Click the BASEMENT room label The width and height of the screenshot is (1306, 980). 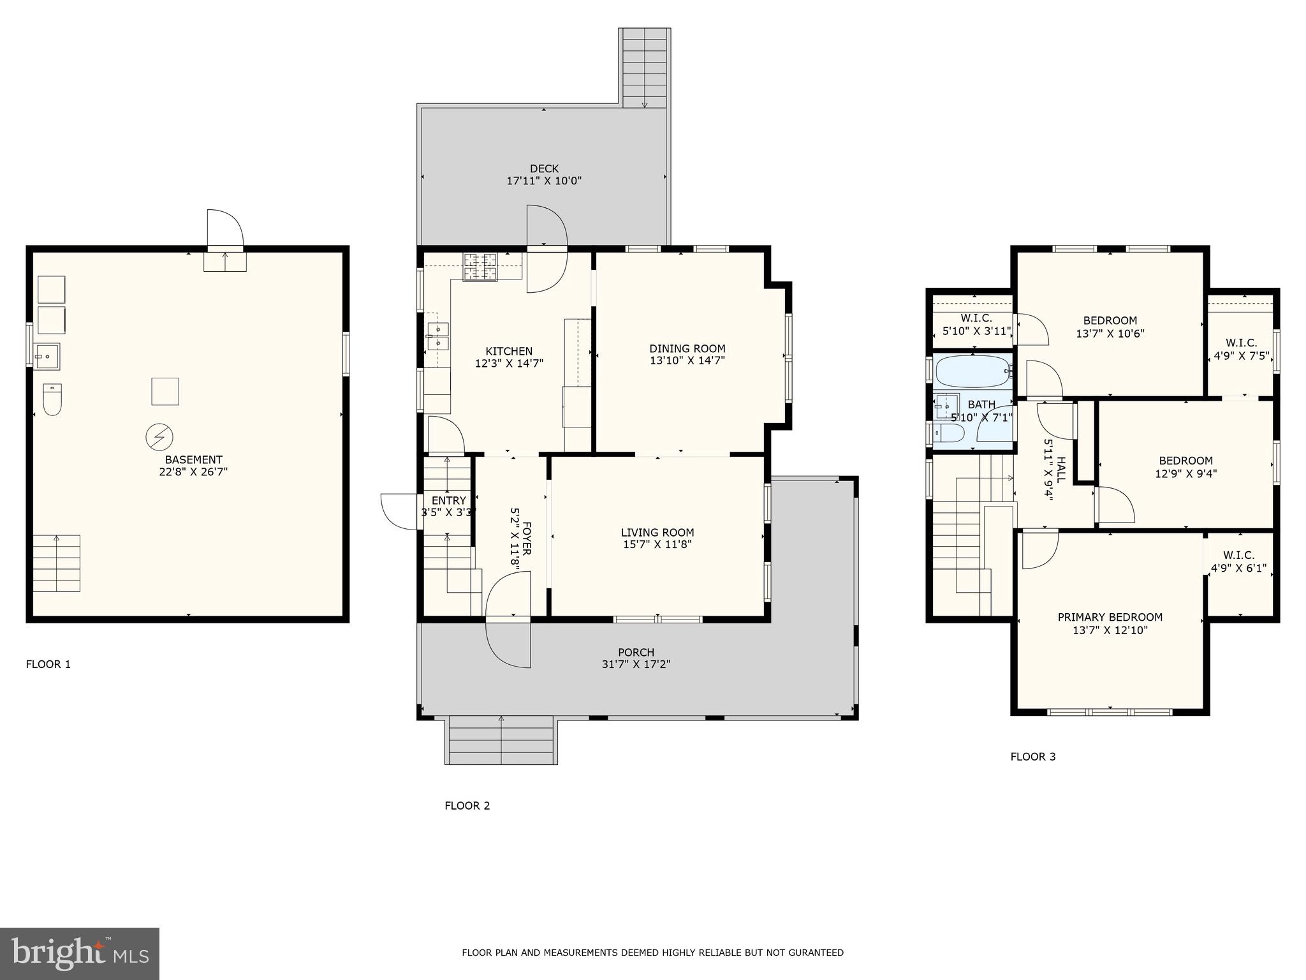(193, 460)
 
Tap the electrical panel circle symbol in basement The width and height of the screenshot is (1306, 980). (159, 437)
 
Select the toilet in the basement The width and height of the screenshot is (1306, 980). (52, 399)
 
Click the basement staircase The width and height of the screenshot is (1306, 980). (57, 563)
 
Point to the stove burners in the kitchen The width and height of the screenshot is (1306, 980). (480, 267)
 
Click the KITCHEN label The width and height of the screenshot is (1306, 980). (509, 352)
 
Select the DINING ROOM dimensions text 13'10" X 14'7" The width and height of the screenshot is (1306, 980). (687, 360)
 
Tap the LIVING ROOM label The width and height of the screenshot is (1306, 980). (657, 533)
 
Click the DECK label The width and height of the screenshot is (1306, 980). (544, 169)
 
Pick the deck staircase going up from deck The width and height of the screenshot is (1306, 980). (644, 67)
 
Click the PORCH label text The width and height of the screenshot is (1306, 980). (636, 653)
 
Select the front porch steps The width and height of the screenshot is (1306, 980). (501, 740)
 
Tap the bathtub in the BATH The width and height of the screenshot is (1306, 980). (972, 371)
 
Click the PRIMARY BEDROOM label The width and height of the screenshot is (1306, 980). (1110, 618)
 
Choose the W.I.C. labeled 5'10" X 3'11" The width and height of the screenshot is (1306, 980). (976, 325)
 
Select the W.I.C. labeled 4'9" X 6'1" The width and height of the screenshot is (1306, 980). (1239, 562)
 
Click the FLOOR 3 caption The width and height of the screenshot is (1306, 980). (1033, 757)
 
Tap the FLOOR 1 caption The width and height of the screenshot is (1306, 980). (48, 664)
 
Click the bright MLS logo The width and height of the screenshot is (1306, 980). (80, 953)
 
